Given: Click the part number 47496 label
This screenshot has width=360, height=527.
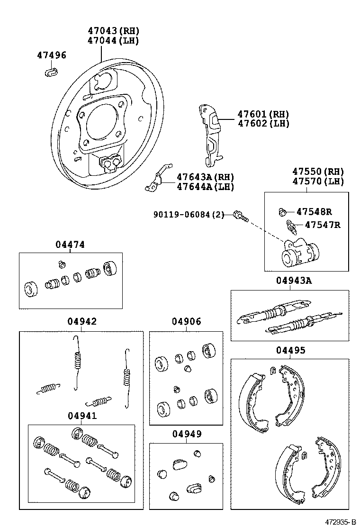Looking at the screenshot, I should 52,55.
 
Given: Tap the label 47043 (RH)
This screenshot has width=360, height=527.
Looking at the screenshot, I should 113,31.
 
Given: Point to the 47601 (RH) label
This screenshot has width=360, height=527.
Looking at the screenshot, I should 263,114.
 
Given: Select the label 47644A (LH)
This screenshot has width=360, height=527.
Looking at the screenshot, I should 206,186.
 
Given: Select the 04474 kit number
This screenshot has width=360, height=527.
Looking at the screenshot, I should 70,245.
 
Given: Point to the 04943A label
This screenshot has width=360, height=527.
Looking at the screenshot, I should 294,281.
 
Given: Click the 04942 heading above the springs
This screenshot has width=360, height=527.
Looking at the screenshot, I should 81,321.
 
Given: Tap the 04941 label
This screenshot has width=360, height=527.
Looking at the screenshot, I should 82,416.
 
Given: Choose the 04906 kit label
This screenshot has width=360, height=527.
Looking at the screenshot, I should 186,321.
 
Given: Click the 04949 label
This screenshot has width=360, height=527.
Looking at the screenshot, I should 187,434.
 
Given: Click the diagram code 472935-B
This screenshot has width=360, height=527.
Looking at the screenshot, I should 340,521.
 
